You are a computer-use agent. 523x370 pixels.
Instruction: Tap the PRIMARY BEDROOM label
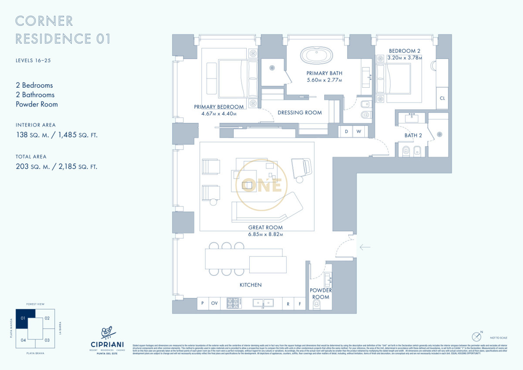point(219,107)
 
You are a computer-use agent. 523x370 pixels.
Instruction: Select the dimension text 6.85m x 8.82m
point(265,234)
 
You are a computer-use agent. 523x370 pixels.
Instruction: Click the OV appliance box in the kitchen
point(214,303)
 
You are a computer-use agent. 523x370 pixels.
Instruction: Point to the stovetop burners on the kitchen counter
point(233,303)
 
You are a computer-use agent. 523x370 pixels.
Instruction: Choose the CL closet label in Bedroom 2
point(442,98)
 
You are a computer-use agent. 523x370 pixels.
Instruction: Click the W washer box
point(359,131)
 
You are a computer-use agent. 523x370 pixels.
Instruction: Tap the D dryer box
point(346,131)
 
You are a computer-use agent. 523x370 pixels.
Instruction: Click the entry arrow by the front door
point(365,247)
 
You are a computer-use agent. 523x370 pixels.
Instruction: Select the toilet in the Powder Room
point(317,304)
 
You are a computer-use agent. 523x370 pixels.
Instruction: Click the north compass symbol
point(476,337)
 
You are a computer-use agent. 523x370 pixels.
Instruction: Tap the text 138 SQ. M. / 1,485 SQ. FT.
point(57,135)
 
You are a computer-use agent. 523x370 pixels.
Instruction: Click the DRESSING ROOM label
point(299,113)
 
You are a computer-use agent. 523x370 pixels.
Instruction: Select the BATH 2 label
point(413,135)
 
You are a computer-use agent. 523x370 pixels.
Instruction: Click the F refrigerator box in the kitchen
point(300,303)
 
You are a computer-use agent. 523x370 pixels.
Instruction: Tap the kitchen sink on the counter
point(263,303)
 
